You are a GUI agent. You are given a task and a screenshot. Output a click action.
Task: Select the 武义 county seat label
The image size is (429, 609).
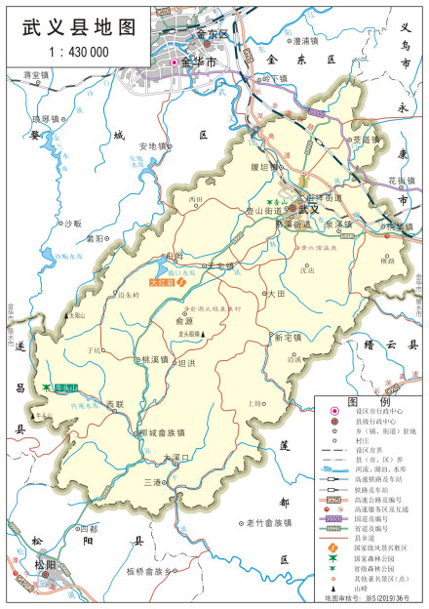[310, 209]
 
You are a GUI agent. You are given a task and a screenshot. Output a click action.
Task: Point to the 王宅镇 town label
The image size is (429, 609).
[221, 265]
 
